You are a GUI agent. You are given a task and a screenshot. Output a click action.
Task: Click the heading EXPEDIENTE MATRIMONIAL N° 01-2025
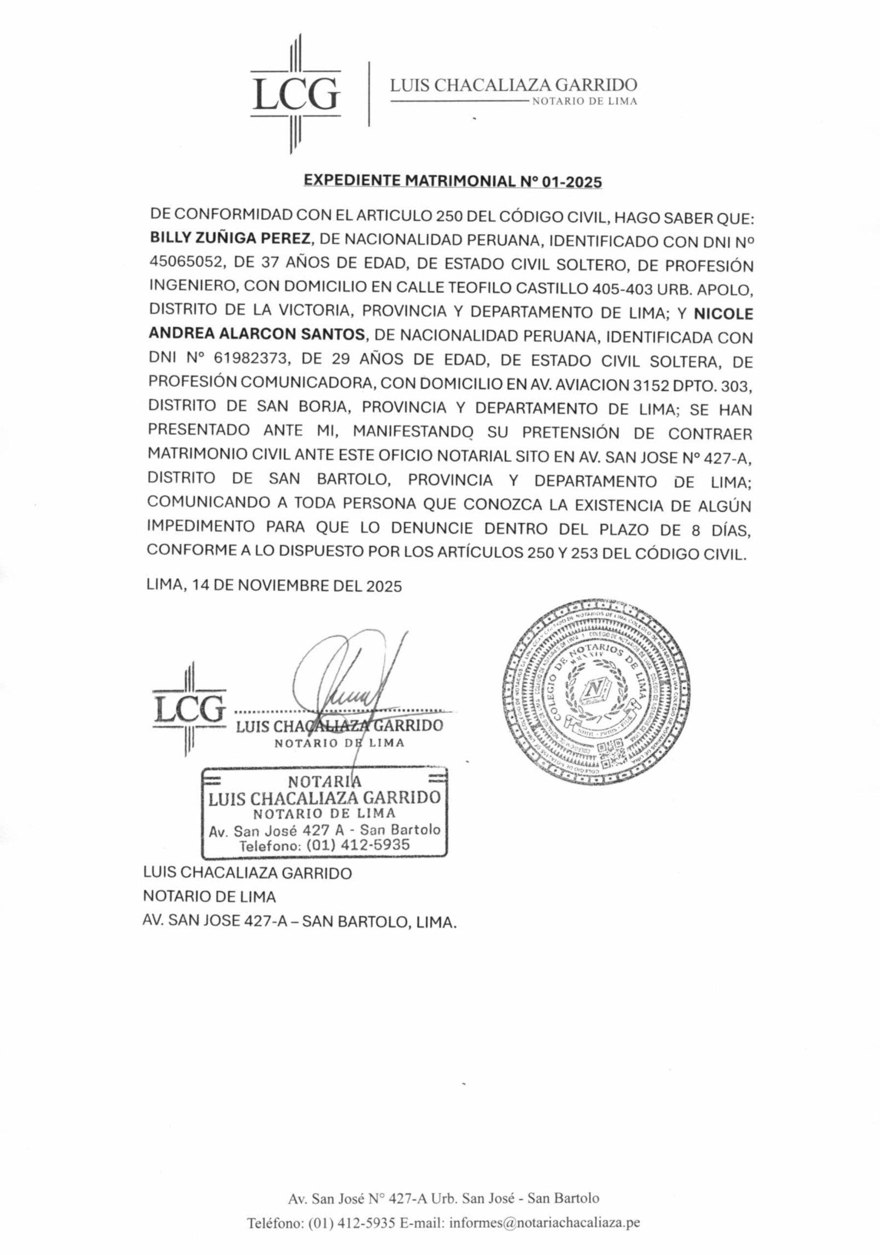point(452,181)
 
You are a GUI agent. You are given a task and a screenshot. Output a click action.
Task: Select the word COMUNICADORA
point(304,385)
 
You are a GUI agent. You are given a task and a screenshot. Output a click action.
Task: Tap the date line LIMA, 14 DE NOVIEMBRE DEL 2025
point(275,586)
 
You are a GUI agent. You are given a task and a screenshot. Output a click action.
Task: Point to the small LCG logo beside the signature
point(189,709)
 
